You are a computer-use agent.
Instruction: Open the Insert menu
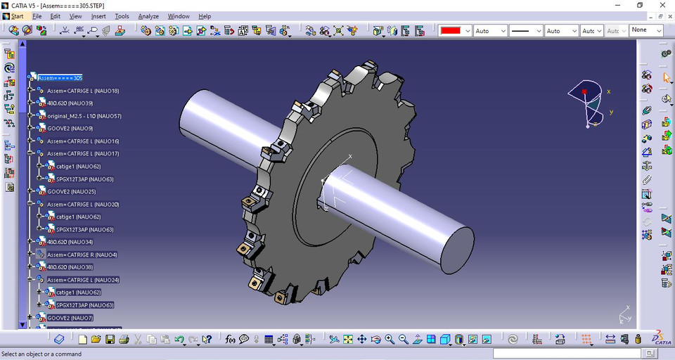click(98, 16)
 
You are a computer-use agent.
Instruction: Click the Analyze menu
click(148, 16)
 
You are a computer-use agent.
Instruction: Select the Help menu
click(205, 16)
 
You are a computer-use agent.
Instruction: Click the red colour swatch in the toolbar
click(450, 31)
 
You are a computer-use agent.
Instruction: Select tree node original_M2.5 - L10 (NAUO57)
click(84, 116)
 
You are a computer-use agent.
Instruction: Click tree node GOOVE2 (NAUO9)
click(70, 129)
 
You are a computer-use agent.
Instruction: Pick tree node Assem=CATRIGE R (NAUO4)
click(82, 255)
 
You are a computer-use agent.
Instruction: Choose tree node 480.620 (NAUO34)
click(70, 242)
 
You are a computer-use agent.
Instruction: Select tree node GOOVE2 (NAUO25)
click(71, 191)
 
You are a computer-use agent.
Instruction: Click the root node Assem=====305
click(60, 78)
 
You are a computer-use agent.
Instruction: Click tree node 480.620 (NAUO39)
click(70, 103)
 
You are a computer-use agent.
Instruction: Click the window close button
click(662, 5)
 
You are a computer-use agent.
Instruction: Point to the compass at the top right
click(589, 102)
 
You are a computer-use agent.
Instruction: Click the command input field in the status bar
click(577, 354)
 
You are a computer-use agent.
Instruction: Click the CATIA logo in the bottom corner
click(659, 338)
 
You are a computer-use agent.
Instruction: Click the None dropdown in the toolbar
click(646, 30)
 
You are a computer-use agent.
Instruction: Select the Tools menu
click(122, 16)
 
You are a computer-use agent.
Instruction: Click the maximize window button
click(640, 5)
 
